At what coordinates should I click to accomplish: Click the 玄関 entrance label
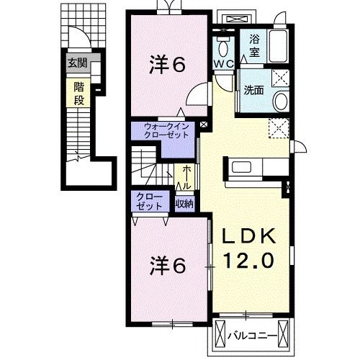(x=77, y=63)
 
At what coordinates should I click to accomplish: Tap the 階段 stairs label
(x=78, y=94)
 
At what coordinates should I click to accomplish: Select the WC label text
(x=223, y=64)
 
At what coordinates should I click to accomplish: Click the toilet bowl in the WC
(x=223, y=48)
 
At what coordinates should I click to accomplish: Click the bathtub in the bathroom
(x=278, y=46)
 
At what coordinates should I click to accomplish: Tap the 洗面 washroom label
(x=253, y=90)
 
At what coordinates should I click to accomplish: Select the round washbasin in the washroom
(x=281, y=102)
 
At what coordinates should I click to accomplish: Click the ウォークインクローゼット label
(x=166, y=130)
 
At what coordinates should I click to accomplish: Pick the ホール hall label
(x=187, y=178)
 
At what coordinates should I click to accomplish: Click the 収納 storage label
(x=184, y=204)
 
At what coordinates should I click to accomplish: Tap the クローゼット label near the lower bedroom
(x=149, y=202)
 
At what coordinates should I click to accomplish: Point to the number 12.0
(x=248, y=261)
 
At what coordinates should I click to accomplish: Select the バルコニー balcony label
(x=253, y=336)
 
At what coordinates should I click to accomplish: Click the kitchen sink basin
(x=241, y=168)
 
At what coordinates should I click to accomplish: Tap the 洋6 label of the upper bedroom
(x=167, y=64)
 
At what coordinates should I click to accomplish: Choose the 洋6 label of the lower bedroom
(x=168, y=266)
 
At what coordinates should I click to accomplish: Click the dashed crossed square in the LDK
(x=279, y=128)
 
